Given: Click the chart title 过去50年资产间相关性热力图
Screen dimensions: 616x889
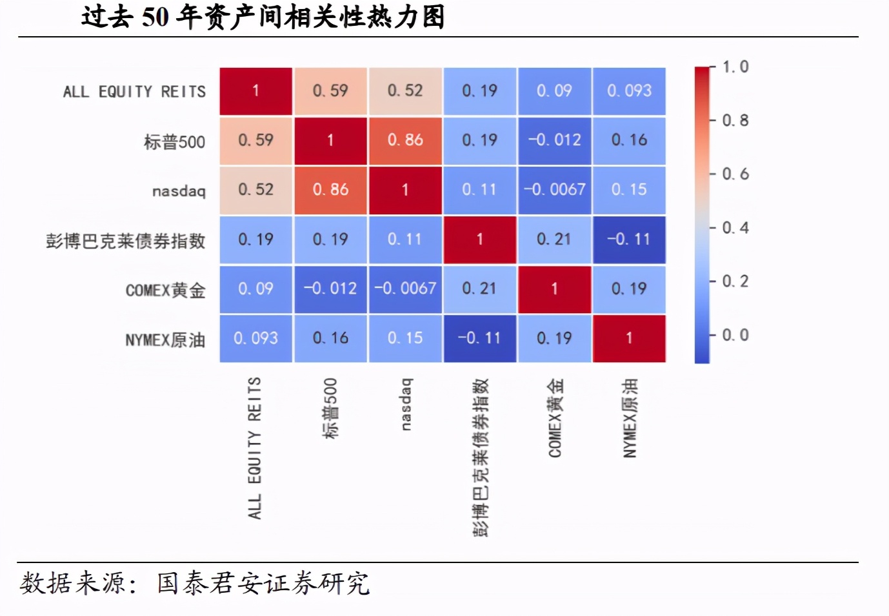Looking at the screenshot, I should [x=263, y=17].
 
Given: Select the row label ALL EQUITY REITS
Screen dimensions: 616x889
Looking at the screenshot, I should [x=134, y=92].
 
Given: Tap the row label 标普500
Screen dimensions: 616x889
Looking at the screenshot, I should [x=174, y=141].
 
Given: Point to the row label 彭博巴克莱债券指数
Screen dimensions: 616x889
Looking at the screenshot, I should [x=126, y=241].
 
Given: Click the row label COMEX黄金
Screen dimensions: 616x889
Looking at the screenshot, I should [x=165, y=291].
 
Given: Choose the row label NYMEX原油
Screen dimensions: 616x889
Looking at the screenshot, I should [x=165, y=340].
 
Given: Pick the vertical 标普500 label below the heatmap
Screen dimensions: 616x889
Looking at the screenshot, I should [x=330, y=409].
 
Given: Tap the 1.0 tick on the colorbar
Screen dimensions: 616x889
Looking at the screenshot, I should [x=735, y=67].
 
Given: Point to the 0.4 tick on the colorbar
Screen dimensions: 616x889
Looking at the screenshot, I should [x=735, y=228].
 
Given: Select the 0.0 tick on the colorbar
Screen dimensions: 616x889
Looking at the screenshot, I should [x=735, y=335].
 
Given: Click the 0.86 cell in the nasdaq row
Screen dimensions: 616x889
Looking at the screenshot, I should [x=330, y=190].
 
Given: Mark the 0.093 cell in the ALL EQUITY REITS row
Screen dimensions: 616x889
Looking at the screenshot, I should [x=629, y=91].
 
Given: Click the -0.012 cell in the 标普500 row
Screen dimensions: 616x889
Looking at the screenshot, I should [x=554, y=140].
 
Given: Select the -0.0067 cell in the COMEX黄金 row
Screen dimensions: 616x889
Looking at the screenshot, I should [x=405, y=289].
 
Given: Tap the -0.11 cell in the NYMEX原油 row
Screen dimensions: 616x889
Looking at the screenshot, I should [x=479, y=338].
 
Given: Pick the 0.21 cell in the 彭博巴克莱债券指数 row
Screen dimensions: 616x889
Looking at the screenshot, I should [x=554, y=240].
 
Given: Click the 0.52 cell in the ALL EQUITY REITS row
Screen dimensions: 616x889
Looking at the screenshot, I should [x=405, y=91].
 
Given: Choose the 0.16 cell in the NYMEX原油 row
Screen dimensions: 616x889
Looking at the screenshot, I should [x=330, y=338].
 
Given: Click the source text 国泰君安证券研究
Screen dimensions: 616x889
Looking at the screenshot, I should [x=263, y=584].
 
